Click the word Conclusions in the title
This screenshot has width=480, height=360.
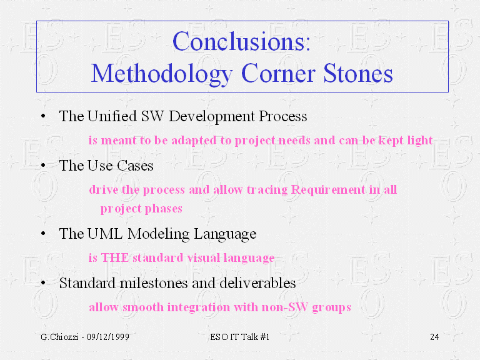(x=239, y=41)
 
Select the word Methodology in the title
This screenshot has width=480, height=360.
(x=162, y=75)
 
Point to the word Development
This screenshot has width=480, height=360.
(x=212, y=117)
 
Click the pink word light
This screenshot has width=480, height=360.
(x=420, y=141)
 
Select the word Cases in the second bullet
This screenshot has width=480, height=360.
(x=135, y=166)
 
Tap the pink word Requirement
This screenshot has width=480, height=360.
(x=328, y=190)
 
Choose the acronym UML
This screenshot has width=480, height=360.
(x=105, y=234)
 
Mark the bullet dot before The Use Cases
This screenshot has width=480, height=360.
(x=43, y=166)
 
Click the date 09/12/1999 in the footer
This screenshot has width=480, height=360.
(x=108, y=337)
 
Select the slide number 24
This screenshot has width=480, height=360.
(x=434, y=337)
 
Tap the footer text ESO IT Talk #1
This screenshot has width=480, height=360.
(x=240, y=337)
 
